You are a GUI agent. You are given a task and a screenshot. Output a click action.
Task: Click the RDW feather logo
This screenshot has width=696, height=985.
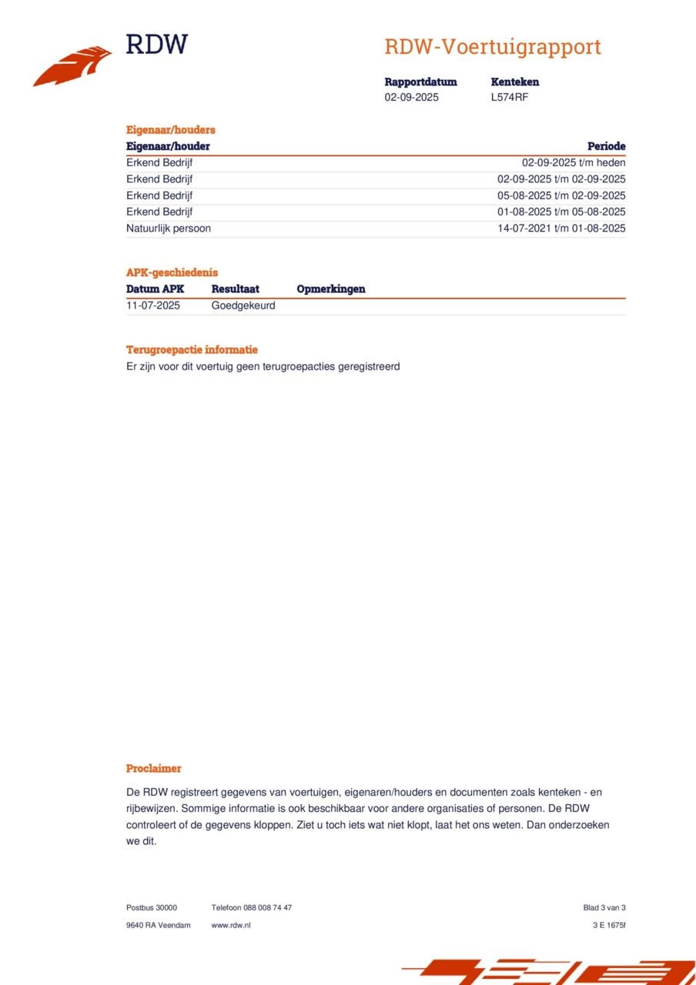pos(72,65)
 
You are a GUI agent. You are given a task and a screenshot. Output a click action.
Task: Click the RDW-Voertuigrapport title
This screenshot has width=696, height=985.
pos(492,47)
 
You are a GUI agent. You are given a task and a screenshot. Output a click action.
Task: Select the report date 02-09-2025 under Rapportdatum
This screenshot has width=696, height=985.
pos(411,97)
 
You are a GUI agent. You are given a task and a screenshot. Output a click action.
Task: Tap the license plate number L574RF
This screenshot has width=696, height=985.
pos(509,97)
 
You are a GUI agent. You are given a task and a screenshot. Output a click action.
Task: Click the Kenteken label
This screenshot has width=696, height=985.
pos(514,82)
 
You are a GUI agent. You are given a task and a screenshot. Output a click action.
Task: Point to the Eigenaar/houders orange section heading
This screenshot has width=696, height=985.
pos(170,129)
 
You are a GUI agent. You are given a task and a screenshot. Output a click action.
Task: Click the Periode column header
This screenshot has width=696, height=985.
pos(606,146)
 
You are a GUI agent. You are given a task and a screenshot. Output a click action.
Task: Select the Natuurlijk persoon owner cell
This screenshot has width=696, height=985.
pos(168,228)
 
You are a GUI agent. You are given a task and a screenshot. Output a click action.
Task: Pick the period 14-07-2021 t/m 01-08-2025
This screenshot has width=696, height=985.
pos(561,228)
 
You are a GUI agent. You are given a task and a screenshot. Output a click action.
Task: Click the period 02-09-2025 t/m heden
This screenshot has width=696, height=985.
pos(574,162)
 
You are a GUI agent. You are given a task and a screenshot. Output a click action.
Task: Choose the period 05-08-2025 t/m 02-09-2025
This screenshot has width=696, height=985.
pos(561,195)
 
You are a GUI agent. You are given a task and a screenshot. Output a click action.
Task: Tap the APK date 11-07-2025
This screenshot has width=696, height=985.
pos(152,306)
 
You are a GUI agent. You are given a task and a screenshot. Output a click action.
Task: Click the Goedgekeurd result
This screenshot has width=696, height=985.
pos(243,306)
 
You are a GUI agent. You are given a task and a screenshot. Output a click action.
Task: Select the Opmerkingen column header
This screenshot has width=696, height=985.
pos(330,289)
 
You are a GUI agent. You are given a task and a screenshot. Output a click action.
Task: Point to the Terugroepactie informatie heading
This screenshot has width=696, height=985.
pos(192,349)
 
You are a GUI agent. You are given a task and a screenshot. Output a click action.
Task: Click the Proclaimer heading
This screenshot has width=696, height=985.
pos(153,768)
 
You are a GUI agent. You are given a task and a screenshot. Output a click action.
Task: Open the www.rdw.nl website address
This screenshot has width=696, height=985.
pos(230,925)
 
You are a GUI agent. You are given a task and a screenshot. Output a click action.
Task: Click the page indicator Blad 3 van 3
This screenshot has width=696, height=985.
pos(604,907)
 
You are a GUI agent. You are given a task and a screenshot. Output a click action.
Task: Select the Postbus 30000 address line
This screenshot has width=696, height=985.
pos(151,907)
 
